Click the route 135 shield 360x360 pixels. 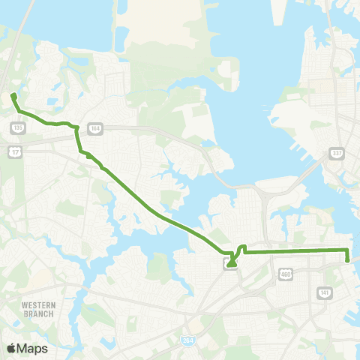[16, 128]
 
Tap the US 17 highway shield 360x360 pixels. [14, 152]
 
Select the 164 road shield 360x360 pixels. [94, 128]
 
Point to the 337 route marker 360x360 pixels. [336, 153]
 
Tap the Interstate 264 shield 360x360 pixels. [187, 341]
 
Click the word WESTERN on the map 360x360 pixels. [37, 305]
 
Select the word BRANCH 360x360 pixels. [37, 313]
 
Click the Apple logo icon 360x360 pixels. [12, 348]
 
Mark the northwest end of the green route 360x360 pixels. [13, 95]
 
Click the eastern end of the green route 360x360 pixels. [348, 260]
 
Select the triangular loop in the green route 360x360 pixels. [232, 261]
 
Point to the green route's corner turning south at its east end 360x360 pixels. [348, 249]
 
